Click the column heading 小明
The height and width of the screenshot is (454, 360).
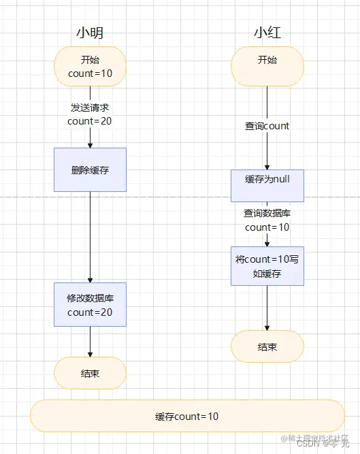pos(90,33)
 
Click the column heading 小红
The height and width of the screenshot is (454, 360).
pos(267,33)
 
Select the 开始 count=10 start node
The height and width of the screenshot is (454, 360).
pos(90,66)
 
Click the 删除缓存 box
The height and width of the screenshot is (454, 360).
pos(90,169)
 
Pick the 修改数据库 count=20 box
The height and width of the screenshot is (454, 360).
pos(90,305)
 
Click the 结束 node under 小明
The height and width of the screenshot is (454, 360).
pos(90,372)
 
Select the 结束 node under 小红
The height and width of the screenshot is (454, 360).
pos(267,346)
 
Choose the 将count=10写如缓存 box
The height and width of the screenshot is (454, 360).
pos(267,265)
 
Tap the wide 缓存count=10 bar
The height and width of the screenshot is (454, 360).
pos(187,416)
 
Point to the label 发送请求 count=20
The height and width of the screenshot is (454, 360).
pos(90,114)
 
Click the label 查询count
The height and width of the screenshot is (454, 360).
pos(267,126)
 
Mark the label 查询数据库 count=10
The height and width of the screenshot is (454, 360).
pos(267,220)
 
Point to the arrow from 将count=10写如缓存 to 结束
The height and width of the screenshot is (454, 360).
pos(267,308)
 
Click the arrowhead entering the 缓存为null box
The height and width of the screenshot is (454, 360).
pos(267,165)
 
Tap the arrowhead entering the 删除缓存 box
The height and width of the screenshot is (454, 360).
pos(90,144)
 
